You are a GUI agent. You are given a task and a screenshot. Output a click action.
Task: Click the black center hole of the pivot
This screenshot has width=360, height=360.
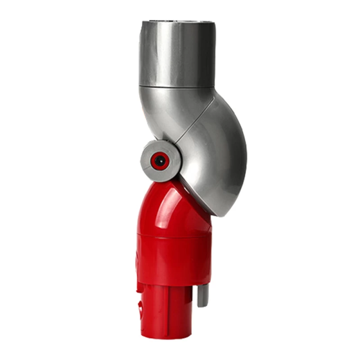[x=158, y=160]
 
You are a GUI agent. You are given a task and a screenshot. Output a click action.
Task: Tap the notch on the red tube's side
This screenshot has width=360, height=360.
[x=143, y=310]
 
